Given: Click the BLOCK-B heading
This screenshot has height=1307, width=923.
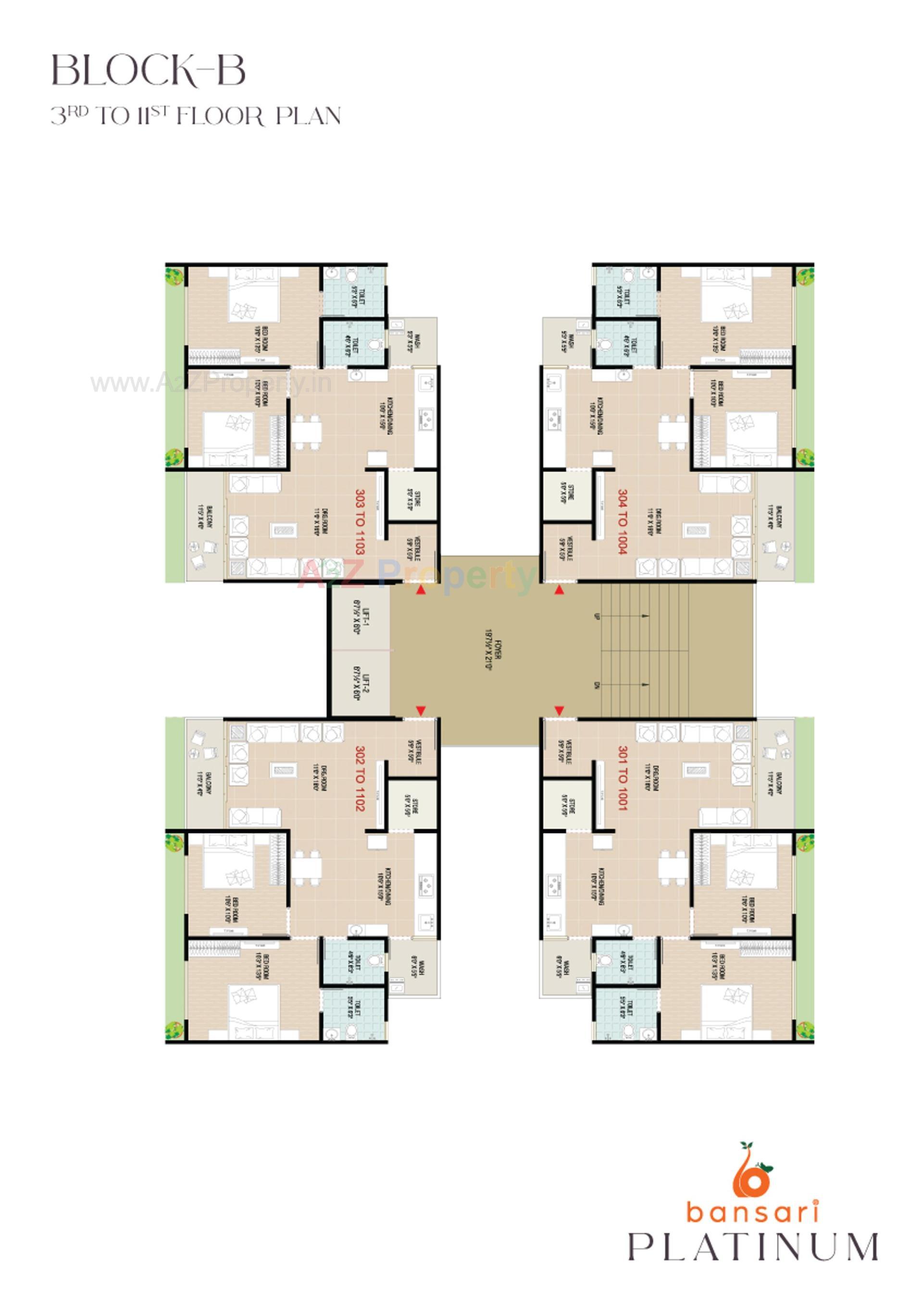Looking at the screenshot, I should [149, 71].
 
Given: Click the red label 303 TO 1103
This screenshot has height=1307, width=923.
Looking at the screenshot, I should [360, 521].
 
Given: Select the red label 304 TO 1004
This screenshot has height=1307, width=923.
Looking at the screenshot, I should [623, 521].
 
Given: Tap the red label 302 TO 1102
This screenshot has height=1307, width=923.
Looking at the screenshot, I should [360, 778].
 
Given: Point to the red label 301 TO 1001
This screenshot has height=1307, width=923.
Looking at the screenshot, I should [623, 778].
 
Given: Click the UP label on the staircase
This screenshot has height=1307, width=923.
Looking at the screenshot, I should [597, 617].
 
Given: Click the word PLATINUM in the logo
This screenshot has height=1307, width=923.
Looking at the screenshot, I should [753, 1247].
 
